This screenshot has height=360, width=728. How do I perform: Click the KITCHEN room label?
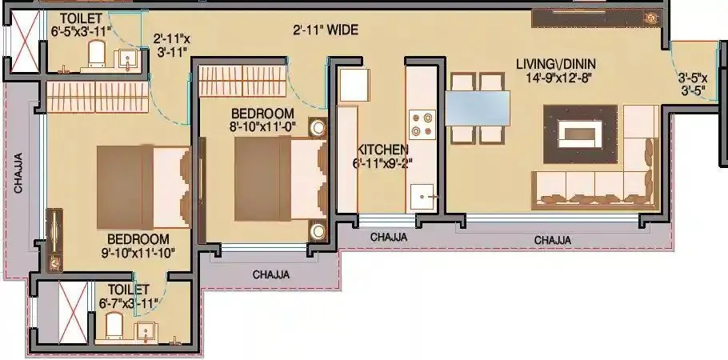coord(383,150)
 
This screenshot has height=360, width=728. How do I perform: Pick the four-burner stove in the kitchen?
coord(422,124)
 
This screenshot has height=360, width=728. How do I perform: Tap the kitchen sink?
coord(422,194)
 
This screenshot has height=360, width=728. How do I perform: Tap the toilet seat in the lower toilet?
coord(114,325)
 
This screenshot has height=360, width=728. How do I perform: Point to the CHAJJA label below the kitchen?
coord(389,237)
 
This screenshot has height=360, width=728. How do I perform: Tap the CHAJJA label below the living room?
coord(552,239)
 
